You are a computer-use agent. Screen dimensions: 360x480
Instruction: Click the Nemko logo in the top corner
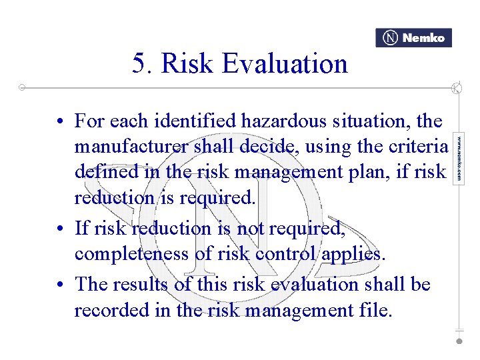click(413, 38)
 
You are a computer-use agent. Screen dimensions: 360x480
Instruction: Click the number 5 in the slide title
click(139, 64)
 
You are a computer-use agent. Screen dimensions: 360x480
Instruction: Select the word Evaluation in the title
click(285, 64)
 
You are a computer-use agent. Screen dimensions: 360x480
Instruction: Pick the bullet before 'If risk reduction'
click(60, 229)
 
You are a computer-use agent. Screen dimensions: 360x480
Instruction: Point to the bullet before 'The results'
click(60, 285)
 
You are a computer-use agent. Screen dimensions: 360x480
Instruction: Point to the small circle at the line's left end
click(22, 87)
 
